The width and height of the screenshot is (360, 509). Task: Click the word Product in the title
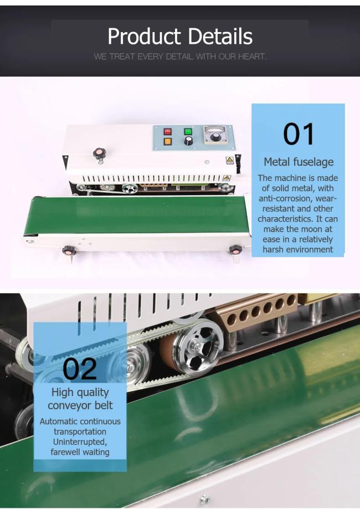(x=144, y=37)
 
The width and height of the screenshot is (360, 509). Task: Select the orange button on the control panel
(x=167, y=142)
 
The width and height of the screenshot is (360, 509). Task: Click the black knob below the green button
(x=188, y=141)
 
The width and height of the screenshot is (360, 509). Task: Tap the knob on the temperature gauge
(x=214, y=137)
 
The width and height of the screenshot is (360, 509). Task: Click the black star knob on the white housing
(x=99, y=153)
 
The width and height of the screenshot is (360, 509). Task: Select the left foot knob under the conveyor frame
(x=69, y=250)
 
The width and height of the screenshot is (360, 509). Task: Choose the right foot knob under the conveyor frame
(x=236, y=250)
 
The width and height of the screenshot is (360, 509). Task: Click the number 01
(x=299, y=134)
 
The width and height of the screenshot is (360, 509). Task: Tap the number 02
(x=80, y=369)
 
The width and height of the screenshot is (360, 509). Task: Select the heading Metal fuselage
(x=299, y=162)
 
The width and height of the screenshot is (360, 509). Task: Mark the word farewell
(x=65, y=452)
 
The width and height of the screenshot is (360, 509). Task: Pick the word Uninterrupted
(x=80, y=442)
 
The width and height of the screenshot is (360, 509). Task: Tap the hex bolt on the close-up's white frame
(x=204, y=499)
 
